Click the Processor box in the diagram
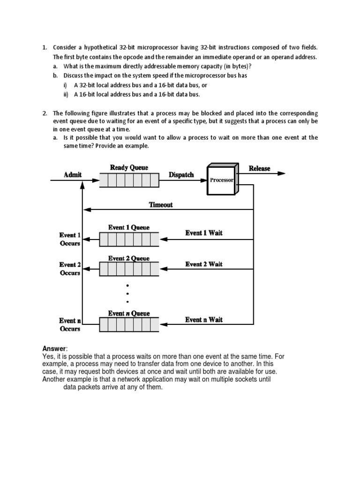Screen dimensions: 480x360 pos(221,180)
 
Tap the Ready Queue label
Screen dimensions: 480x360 pos(129,167)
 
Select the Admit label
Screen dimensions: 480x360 pos(73,174)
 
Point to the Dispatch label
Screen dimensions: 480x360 pos(181,174)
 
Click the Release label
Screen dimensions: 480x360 pos(259,168)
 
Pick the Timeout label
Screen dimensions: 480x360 pos(161,204)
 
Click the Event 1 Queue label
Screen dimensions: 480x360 pos(129,227)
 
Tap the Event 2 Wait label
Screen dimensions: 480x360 pos(204,264)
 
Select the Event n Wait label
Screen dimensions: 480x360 pos(204,320)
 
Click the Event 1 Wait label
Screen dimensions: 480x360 pos(204,232)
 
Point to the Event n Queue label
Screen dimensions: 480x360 pos(129,313)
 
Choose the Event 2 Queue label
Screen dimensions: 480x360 pos(129,258)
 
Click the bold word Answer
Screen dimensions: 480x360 pos(54,348)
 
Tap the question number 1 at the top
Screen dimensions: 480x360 pos(45,47)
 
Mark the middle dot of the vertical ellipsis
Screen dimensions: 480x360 pos(127,293)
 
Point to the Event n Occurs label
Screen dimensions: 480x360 pos(70,324)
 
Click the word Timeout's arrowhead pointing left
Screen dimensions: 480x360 pos(86,210)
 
